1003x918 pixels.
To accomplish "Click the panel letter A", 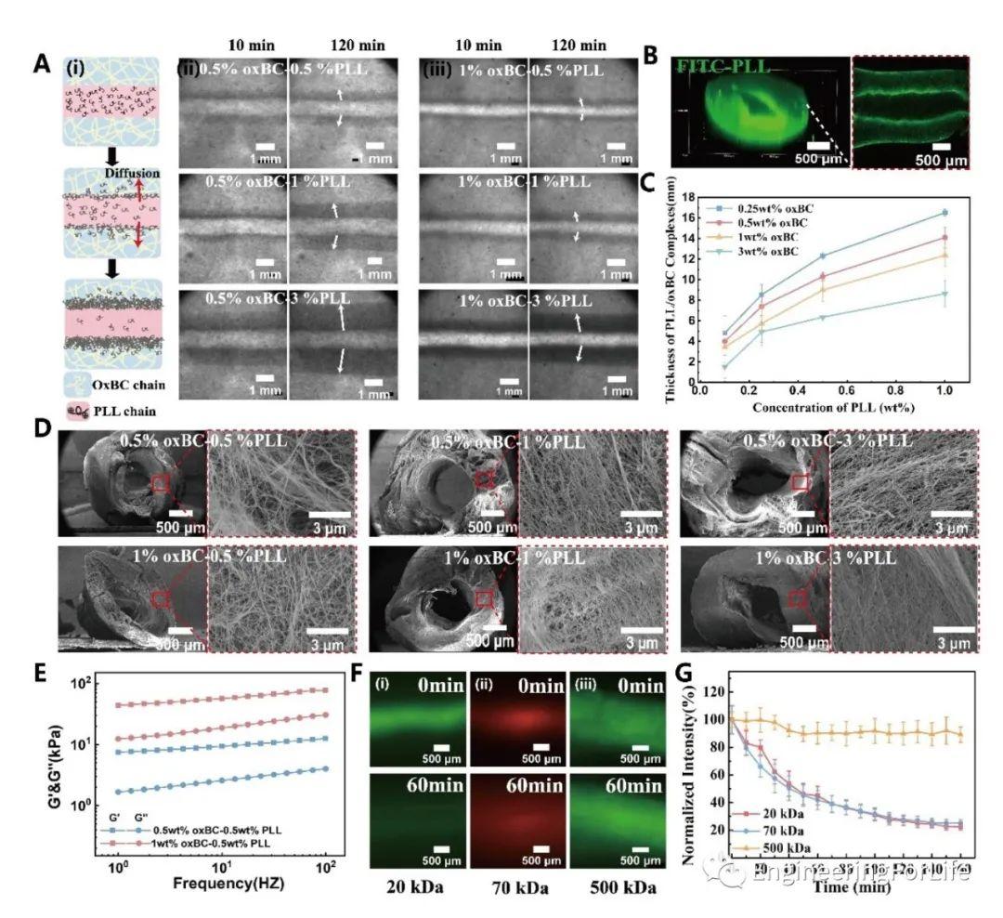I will click(41, 64).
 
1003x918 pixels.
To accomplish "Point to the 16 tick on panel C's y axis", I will click(690, 217).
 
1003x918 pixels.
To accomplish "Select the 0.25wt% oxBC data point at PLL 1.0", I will click(945, 213).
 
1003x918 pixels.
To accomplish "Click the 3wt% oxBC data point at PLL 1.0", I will click(945, 294).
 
